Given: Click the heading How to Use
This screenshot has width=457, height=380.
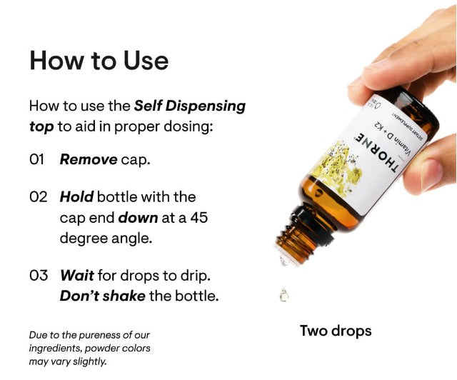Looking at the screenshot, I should pos(99,61).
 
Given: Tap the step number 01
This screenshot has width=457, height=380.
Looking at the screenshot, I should pos(37,159).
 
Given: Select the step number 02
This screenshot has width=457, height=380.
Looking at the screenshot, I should pos(39,197).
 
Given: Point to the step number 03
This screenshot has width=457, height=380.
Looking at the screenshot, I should pos(39,275).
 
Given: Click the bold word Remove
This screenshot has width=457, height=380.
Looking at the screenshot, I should pos(89,159).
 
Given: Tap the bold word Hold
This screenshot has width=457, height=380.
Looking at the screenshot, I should pos(76,197).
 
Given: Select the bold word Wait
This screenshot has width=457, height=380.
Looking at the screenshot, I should pos(76,275).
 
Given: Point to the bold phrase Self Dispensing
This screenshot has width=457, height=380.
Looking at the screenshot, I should pos(189,106).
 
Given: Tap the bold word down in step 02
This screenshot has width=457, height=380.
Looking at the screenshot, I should pos(138,218).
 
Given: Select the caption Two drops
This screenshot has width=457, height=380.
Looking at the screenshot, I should pos(335,331).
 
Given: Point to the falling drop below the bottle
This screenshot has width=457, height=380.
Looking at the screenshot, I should pos(283,294).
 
